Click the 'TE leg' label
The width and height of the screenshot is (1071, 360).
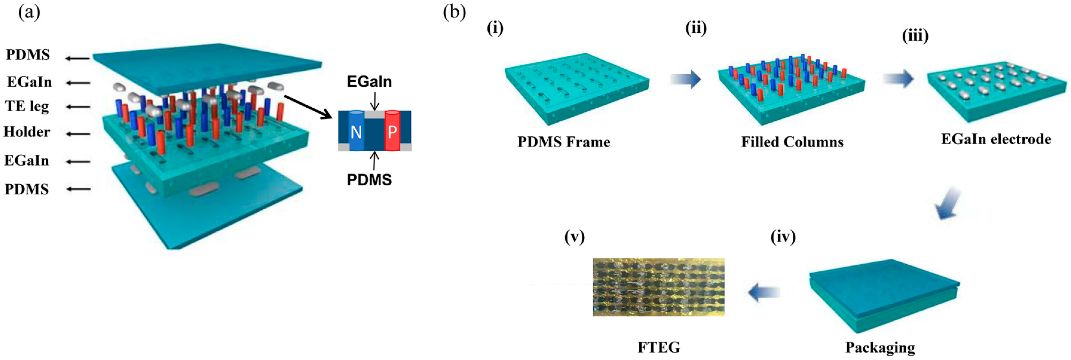(27, 106)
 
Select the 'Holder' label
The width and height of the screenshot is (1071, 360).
(27, 132)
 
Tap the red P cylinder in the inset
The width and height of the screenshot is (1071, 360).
(392, 131)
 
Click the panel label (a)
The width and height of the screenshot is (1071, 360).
(29, 13)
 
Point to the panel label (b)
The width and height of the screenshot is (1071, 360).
(454, 13)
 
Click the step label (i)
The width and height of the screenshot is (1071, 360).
(495, 28)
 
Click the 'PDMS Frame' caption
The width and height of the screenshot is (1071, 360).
(564, 142)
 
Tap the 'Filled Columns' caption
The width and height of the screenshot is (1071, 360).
(792, 142)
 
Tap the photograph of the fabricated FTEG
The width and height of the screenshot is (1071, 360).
(659, 287)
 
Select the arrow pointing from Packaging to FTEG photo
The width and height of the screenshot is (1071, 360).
(764, 292)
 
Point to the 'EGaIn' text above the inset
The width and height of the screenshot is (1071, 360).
(369, 82)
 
